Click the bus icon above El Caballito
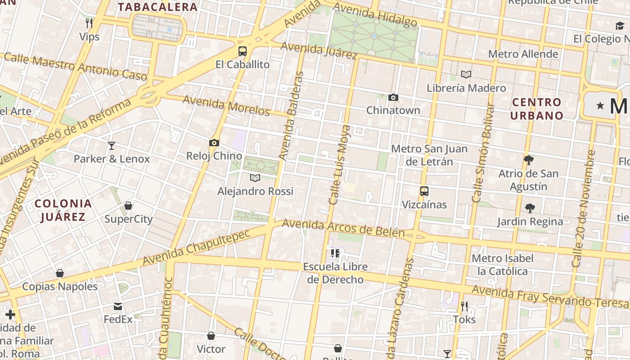[243, 51]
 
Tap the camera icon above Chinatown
[393, 97]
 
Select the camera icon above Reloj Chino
[214, 143]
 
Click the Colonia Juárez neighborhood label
[63, 210]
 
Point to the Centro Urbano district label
[537, 109]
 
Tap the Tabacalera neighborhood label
[157, 7]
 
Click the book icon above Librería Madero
[466, 75]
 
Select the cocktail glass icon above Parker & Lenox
[112, 145]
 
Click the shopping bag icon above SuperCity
[128, 206]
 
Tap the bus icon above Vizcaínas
[424, 191]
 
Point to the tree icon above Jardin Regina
[530, 208]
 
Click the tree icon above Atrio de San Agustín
[528, 160]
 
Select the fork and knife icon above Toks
[464, 306]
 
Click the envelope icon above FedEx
[118, 306]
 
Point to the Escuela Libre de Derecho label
[335, 273]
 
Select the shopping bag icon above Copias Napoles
[59, 273]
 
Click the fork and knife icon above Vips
[89, 23]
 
